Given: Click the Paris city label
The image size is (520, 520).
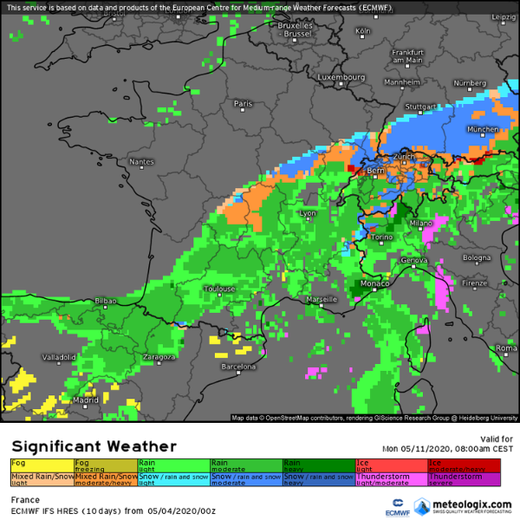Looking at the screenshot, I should pyautogui.click(x=244, y=104).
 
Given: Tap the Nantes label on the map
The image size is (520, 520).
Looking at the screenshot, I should pyautogui.click(x=140, y=162).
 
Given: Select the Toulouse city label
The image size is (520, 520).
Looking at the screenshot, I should pyautogui.click(x=220, y=289).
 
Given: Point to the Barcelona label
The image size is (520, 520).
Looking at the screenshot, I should pyautogui.click(x=238, y=367).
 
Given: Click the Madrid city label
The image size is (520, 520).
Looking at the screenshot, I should pyautogui.click(x=85, y=400).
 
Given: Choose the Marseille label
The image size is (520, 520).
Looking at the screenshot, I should pyautogui.click(x=322, y=300).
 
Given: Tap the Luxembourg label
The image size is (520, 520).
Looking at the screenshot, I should pyautogui.click(x=341, y=77).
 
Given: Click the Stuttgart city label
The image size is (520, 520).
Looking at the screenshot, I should pyautogui.click(x=420, y=107).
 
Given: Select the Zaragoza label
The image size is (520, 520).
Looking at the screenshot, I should pyautogui.click(x=159, y=357).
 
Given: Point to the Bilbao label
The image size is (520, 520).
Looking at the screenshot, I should pyautogui.click(x=105, y=301).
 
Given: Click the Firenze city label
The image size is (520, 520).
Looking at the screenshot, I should pyautogui.click(x=474, y=283).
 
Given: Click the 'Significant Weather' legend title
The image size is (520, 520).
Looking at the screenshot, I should pyautogui.click(x=94, y=446).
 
